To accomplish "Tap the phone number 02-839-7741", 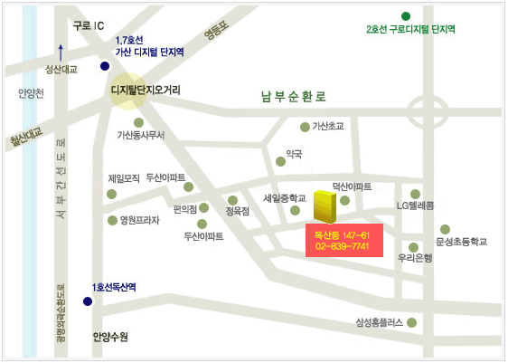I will [343, 246].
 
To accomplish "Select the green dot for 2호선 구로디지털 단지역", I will [405, 15].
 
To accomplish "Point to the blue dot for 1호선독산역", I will [88, 301].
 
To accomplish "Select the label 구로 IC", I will [89, 26].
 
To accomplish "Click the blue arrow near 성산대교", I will [61, 52].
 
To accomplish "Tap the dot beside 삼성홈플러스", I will [412, 322].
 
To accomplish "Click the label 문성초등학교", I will [461, 242].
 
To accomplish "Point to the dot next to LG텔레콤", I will [416, 194].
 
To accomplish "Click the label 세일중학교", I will [284, 197].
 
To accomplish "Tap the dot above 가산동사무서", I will [138, 123].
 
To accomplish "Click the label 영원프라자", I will [134, 220].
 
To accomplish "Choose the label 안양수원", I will [110, 337].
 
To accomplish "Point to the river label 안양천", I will [30, 93].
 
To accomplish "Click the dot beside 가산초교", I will [305, 127].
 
